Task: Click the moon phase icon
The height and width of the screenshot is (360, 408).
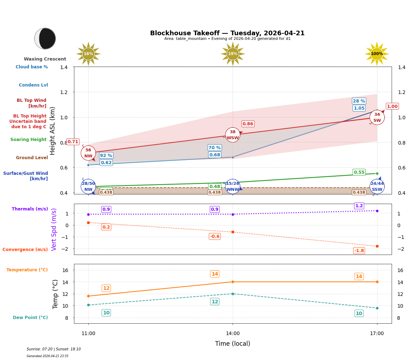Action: point(45,38)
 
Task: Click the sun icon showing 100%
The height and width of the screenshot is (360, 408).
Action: point(377,54)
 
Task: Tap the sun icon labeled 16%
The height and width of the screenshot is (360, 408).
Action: point(88,54)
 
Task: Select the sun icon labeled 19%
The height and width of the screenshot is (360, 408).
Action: point(233,54)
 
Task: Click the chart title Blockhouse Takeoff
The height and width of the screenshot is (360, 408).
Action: point(227,33)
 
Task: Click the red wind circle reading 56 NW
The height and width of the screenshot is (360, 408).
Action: point(88,153)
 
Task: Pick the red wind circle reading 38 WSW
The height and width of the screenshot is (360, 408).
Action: point(233,135)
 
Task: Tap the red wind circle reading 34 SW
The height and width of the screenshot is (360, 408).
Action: point(377,118)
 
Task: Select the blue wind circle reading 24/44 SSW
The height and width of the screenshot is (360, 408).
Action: point(377,187)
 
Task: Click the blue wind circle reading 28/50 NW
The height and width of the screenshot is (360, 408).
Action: point(88,187)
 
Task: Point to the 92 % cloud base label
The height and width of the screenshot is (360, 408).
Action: point(106,156)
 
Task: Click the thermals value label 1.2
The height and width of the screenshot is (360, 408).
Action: point(359,206)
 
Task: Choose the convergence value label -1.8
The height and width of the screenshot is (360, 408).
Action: point(359,251)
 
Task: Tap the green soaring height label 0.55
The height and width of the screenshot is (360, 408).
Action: point(359,172)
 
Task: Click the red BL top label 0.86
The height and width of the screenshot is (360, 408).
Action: point(248,124)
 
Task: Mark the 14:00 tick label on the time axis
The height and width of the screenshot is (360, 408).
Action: point(233,334)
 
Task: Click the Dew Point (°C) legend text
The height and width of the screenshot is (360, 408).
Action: point(30,318)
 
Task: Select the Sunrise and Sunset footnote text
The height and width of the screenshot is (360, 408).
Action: point(54,349)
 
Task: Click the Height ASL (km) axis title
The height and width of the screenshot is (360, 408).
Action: point(53,131)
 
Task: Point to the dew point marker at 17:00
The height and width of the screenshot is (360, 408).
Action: point(377,308)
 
